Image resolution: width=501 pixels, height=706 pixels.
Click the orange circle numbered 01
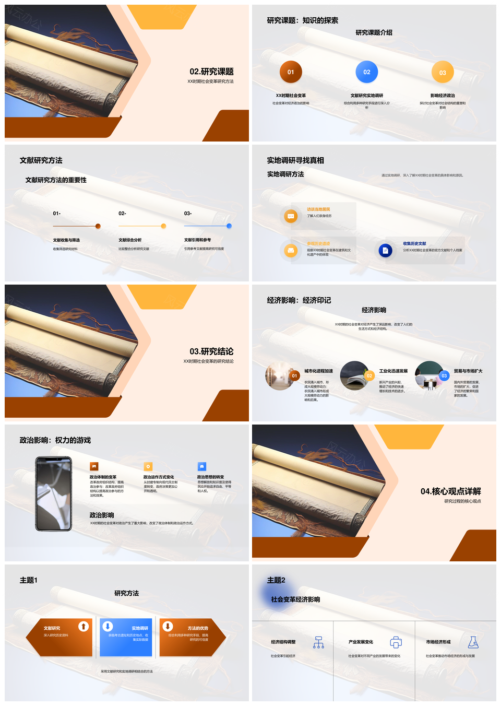coord(291,72)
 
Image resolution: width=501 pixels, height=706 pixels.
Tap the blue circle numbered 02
coord(367,72)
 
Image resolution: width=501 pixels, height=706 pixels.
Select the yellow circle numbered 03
coord(443,73)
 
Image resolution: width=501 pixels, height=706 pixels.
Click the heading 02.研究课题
coord(211,72)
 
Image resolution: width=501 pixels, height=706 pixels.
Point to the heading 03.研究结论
coord(211,351)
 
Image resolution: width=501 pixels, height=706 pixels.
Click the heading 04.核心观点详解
coord(450,491)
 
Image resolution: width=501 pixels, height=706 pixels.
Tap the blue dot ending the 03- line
coord(229,226)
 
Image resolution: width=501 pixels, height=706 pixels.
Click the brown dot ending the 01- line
coord(98,226)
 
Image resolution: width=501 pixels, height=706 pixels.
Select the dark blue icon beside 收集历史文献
coord(385,251)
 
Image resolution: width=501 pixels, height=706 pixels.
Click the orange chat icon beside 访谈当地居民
coord(291,216)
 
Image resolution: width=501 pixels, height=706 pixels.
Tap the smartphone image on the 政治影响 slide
coord(53,494)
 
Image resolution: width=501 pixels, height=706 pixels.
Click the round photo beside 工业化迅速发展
coord(354,375)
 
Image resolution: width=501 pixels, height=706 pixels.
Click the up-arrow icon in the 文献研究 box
coord(83,626)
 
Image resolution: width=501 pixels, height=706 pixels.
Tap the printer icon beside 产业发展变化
coord(396,642)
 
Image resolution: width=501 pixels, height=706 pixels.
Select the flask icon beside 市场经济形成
coord(473,642)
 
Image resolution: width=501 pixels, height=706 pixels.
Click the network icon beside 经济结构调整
coord(318,642)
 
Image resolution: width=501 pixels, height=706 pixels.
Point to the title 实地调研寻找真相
coord(295,160)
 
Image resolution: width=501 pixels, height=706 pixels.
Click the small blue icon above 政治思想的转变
coord(202,466)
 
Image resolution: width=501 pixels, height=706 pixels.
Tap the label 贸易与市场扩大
coord(468,371)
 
